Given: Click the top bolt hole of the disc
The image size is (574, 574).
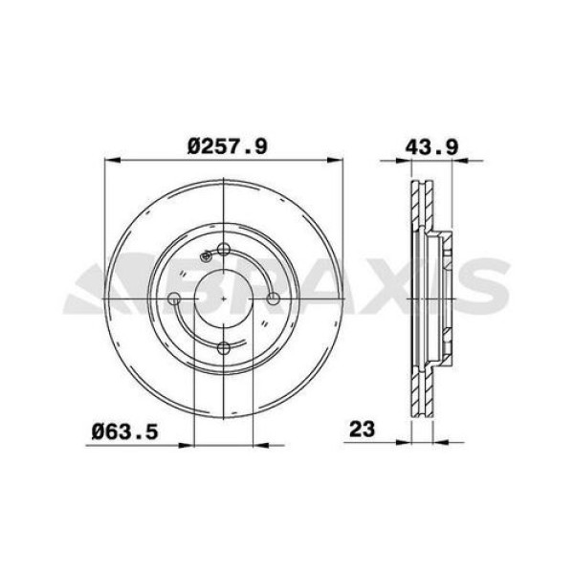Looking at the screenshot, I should [223, 251].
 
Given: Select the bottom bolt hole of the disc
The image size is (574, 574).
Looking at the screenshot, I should [223, 348].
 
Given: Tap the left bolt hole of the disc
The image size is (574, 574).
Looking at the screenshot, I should [174, 299].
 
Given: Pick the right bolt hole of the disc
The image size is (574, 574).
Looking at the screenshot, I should [273, 299].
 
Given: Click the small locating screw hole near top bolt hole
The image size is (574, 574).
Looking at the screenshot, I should [206, 256].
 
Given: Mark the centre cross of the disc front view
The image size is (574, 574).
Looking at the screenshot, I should [223, 299].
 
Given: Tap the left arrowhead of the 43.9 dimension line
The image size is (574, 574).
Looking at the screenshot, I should [381, 159].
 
